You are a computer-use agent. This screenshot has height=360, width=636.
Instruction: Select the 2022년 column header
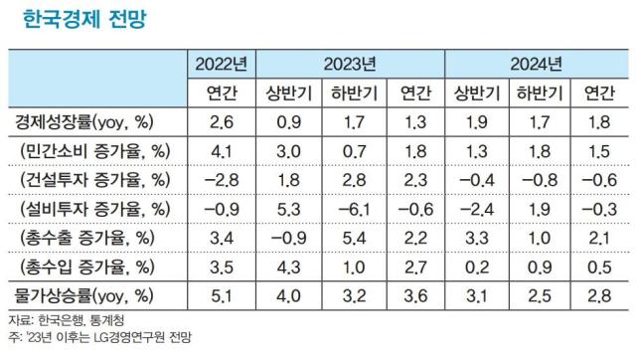coord(221,65)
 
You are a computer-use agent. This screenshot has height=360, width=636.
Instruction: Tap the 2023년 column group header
coord(349,65)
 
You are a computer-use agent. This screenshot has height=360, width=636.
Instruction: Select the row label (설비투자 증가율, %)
coord(95,209)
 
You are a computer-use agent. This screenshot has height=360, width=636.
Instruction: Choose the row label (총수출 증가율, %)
coord(95,238)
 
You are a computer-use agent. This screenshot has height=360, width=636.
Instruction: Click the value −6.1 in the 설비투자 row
coord(349,209)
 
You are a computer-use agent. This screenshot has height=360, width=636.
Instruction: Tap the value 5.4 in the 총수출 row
coord(349,238)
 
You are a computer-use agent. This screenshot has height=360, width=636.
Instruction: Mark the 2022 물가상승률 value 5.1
coord(221,295)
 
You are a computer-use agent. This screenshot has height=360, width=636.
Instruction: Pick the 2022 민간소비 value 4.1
coord(221,151)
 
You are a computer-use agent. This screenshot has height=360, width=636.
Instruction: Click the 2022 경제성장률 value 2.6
coord(221,122)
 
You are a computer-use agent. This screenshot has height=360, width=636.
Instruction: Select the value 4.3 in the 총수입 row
coord(286,267)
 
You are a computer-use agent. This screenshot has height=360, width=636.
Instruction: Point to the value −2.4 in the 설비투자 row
coord(474,209)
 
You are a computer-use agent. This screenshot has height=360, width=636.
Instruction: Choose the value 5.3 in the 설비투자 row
coord(286,209)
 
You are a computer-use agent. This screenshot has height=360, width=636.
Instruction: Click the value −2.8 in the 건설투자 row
coord(221,180)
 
